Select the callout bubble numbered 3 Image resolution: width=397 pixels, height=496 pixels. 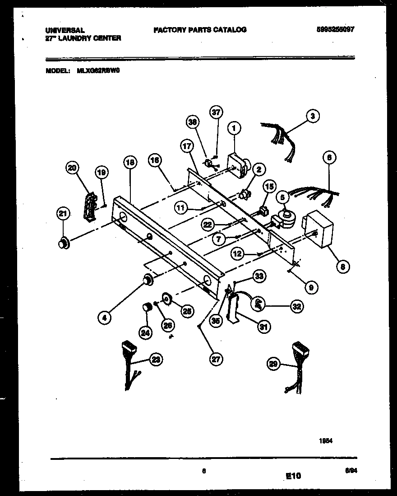pos(313,116)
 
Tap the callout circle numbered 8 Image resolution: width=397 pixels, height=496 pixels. pos(342,267)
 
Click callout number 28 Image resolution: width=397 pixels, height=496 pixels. pos(156,360)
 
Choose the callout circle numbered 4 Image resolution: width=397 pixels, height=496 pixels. pos(105,318)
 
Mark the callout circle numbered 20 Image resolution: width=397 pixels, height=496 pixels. pos(72,168)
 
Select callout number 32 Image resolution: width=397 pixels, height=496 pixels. pos(295,306)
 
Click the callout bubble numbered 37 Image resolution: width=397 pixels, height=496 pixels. pos(216,112)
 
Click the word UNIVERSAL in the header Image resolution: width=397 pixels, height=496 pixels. pos(65,30)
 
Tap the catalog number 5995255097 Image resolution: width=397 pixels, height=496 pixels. pos(336,29)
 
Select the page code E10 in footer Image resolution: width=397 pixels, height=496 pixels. pos(293,476)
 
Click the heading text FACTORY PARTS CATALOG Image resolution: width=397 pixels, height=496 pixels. pos(200,30)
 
